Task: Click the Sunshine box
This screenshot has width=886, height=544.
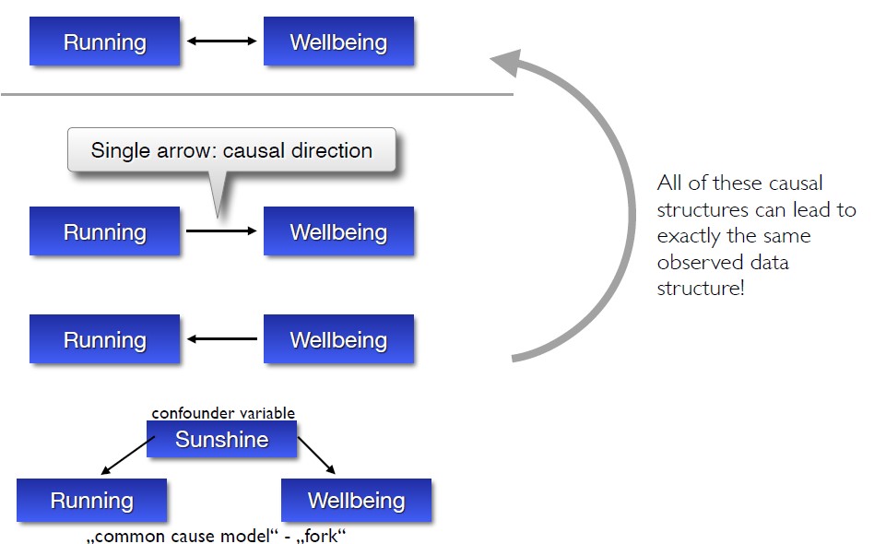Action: [x=221, y=440]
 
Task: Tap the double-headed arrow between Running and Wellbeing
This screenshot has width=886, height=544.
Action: [x=221, y=41]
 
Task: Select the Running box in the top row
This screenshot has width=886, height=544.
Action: [x=104, y=41]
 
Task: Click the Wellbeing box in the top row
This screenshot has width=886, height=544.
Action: [x=338, y=41]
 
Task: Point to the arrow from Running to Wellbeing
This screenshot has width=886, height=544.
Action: [x=221, y=231]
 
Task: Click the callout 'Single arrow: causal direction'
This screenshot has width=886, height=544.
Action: [x=231, y=151]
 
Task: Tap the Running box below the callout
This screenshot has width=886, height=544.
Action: [x=104, y=231]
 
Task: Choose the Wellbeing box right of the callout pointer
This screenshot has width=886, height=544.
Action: [x=338, y=231]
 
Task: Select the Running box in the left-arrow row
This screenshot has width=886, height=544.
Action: [x=104, y=339]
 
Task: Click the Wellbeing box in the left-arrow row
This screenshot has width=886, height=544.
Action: [x=338, y=339]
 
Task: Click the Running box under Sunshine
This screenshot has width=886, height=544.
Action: [x=91, y=501]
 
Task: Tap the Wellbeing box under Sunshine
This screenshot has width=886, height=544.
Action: [x=356, y=501]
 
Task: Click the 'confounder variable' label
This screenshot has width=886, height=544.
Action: [x=223, y=413]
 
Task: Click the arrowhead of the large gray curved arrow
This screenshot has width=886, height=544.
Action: [x=506, y=64]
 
